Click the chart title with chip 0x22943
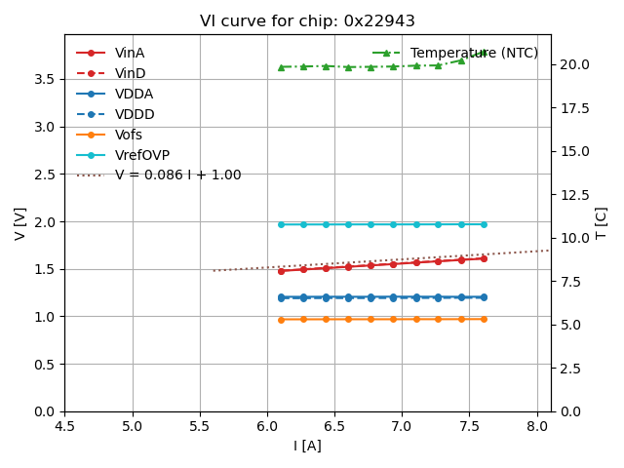point(307,21)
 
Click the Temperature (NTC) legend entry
point(474,53)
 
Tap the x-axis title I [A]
point(307,447)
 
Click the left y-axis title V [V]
point(20,223)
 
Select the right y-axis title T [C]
point(602,223)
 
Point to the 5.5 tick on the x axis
point(200,426)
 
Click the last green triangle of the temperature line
point(484,53)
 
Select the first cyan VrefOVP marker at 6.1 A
point(281,224)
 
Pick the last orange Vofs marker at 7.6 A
point(484,319)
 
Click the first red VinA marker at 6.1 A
point(281,270)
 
